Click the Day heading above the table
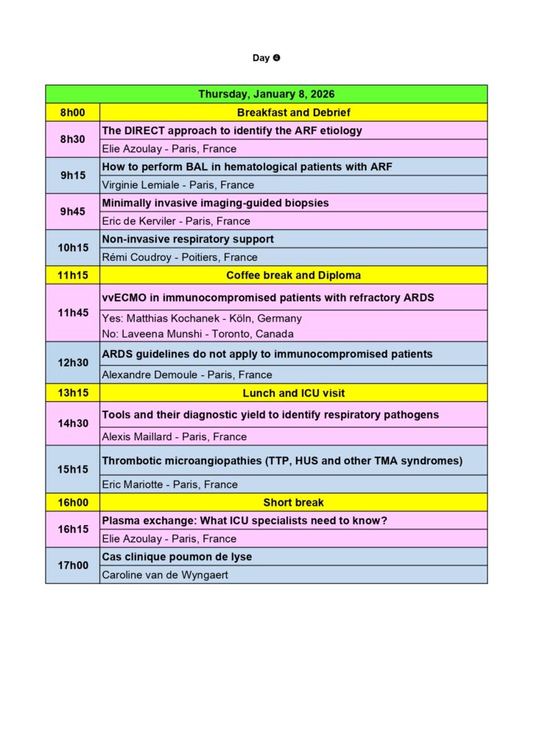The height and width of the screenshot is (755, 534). [266, 58]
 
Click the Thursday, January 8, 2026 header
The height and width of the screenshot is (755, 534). [266, 94]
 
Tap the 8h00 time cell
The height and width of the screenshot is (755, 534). [72, 113]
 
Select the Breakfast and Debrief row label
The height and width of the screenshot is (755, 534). [293, 113]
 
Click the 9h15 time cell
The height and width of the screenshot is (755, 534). [72, 175]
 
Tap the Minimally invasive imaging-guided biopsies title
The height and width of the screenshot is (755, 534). [215, 203]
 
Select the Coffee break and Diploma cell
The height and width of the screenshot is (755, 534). [293, 275]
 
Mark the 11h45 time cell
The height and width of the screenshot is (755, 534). [72, 313]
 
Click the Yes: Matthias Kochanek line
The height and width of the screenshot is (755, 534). [201, 319]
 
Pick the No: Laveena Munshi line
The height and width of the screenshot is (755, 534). [197, 333]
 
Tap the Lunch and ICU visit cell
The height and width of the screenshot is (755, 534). [293, 393]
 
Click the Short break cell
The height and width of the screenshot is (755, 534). [293, 503]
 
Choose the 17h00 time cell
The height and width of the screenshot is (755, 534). [72, 566]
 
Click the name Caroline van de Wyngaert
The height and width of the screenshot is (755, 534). [164, 575]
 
